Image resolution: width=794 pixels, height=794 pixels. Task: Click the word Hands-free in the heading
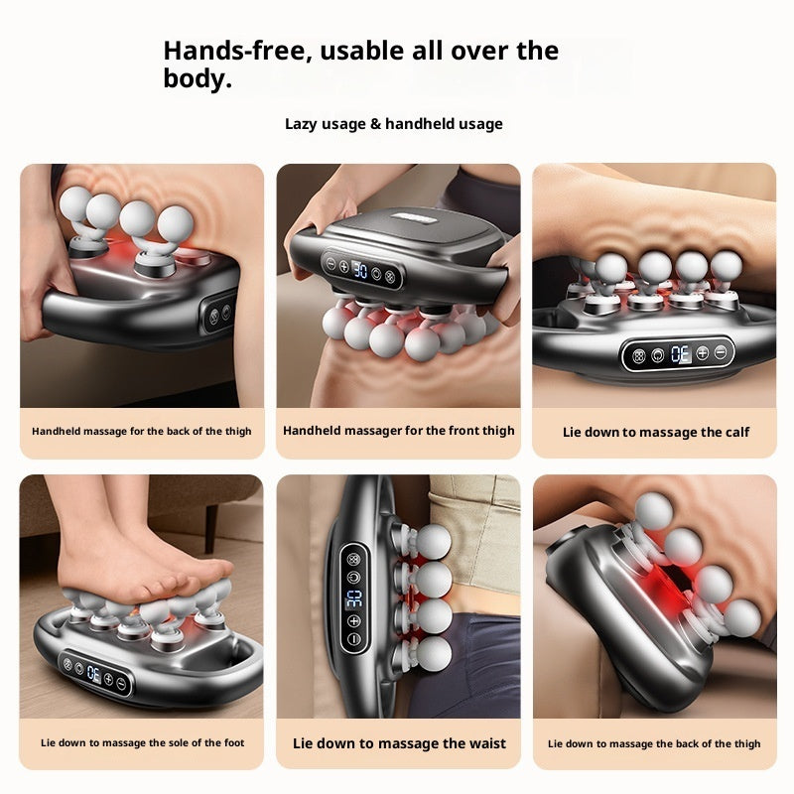(x=226, y=51)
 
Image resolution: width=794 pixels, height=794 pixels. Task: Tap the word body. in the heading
(x=198, y=79)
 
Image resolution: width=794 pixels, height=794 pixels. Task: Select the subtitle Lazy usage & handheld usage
(x=394, y=124)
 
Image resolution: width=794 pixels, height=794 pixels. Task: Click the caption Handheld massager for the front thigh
(x=398, y=431)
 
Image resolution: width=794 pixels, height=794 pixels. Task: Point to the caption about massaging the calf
(x=656, y=432)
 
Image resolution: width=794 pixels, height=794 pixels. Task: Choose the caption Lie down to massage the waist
(x=399, y=743)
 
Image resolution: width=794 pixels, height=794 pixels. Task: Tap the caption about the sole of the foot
(x=142, y=743)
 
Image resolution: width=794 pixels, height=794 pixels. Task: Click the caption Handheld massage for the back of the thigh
(x=142, y=432)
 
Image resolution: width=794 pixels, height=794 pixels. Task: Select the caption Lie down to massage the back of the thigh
(x=654, y=743)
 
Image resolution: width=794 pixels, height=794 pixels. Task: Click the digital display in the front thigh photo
(x=361, y=270)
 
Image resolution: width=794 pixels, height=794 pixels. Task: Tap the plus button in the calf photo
(x=702, y=352)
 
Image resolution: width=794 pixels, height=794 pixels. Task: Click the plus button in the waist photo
(x=354, y=621)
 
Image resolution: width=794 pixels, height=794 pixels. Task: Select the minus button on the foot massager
(x=121, y=683)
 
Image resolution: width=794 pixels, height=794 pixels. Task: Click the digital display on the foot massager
(x=92, y=675)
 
